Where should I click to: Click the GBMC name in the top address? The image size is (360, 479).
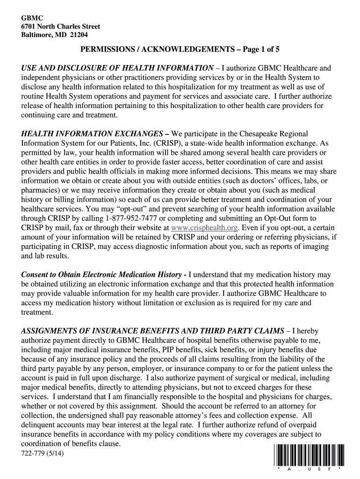click(x=30, y=18)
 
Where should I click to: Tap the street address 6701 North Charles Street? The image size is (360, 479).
click(x=61, y=26)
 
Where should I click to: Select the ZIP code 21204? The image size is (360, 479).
click(x=78, y=35)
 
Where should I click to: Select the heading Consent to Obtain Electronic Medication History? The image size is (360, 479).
click(x=101, y=275)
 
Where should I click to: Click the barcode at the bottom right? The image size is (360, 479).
click(x=307, y=454)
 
